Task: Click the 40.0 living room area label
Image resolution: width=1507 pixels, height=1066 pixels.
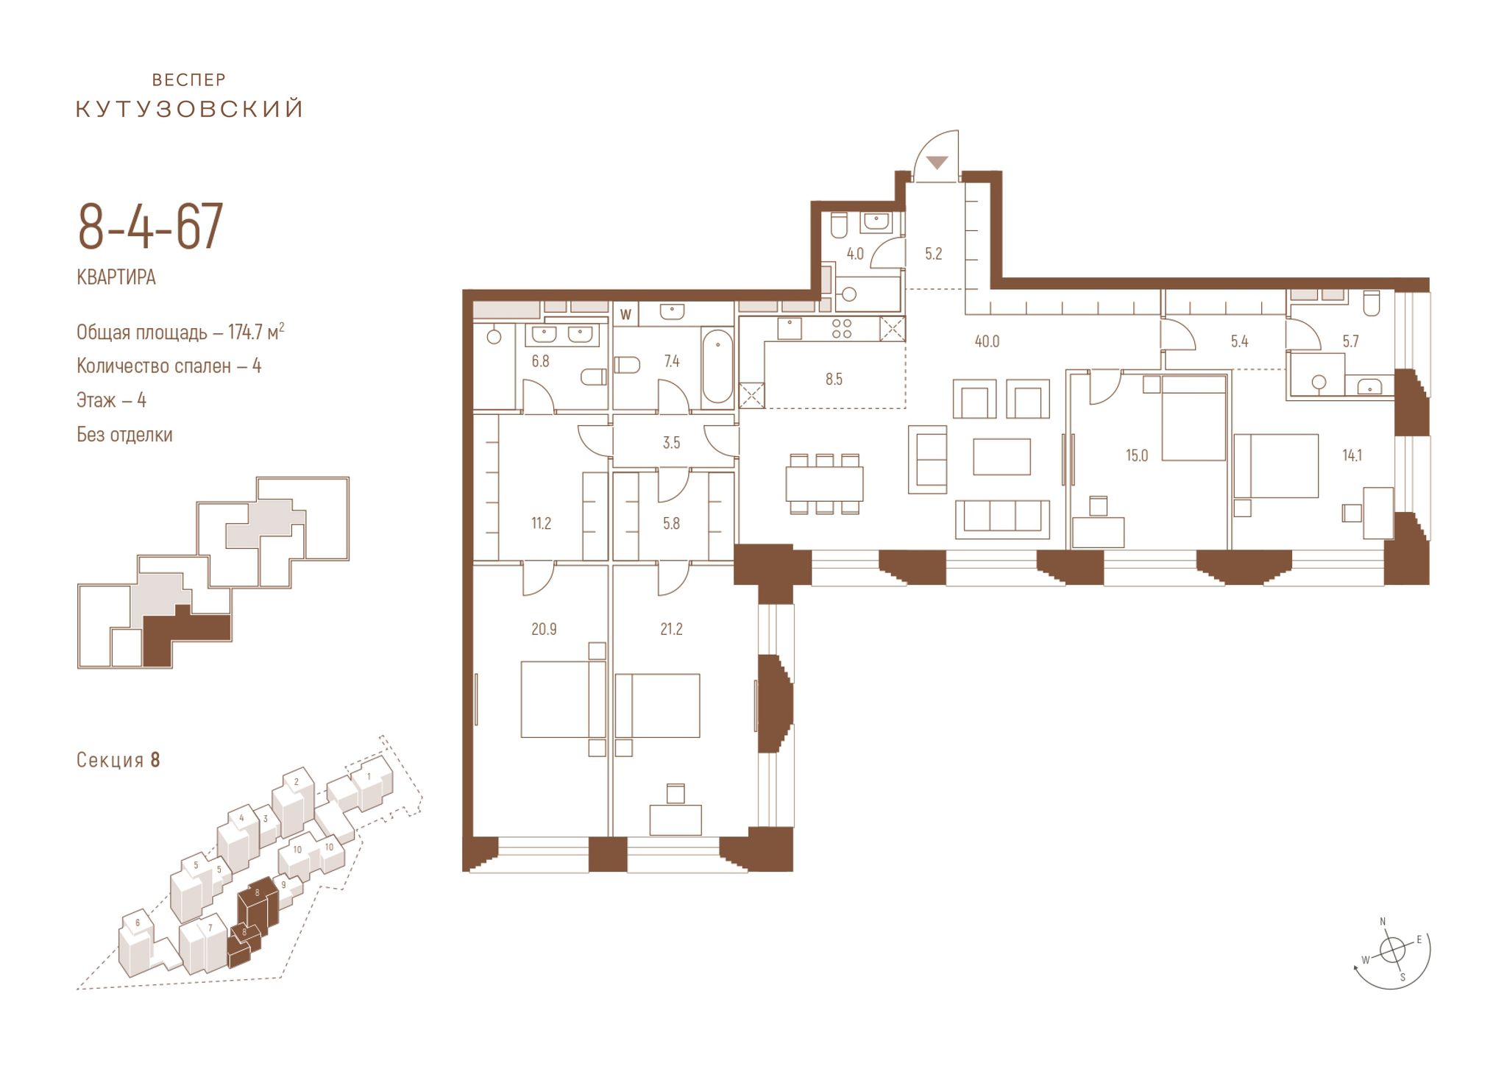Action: pos(987,341)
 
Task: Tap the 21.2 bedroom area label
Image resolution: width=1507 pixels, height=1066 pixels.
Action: pos(671,629)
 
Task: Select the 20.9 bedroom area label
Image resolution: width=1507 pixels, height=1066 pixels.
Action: pos(544,629)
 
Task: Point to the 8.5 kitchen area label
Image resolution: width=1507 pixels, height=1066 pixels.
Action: pos(834,380)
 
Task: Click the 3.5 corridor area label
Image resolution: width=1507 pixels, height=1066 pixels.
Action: pos(671,443)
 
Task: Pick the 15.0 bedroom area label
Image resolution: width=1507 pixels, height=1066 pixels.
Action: pos(1137,455)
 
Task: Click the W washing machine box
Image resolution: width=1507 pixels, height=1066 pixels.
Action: pos(626,314)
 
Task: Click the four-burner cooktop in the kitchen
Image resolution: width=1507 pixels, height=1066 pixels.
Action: pos(841,328)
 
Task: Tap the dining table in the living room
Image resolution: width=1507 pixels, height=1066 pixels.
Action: pos(824,484)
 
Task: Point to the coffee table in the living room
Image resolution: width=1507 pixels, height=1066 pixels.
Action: pos(1001,456)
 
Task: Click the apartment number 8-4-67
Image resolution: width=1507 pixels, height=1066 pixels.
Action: pos(150,227)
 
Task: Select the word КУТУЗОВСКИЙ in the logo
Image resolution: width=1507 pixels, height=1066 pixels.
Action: pos(190,109)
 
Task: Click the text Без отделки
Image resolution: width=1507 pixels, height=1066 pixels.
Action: pos(124,435)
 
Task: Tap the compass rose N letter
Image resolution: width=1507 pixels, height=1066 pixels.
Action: pos(1383,922)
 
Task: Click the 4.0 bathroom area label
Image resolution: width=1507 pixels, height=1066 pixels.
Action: pos(854,254)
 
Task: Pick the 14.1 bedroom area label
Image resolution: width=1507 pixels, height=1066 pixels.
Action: pos(1352,455)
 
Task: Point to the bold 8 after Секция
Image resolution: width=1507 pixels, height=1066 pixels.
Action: pos(155,760)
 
